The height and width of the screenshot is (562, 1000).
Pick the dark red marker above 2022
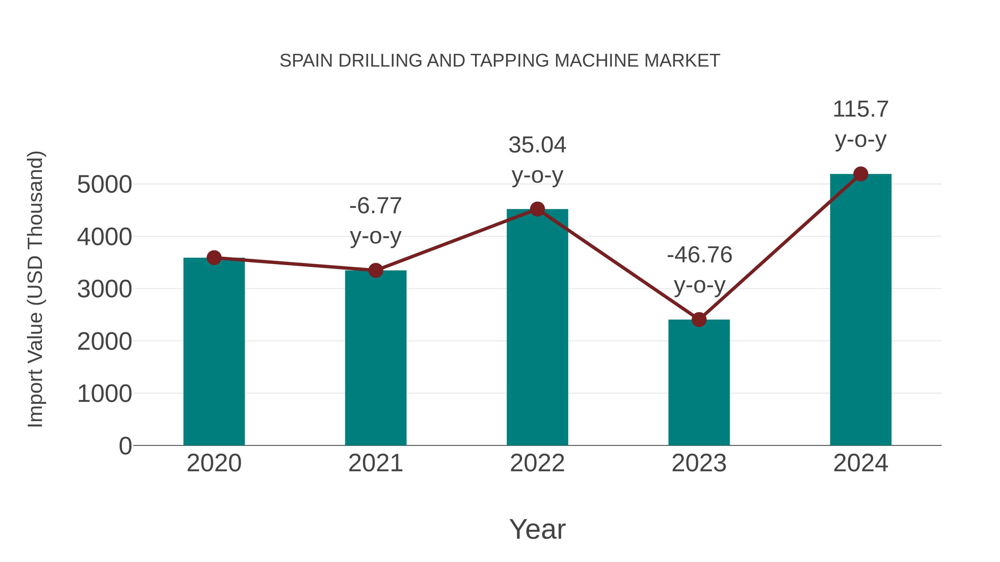pos(537,210)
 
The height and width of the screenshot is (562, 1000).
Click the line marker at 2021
pos(375,270)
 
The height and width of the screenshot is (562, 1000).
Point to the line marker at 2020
pos(214,258)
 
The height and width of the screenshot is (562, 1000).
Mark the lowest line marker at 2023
pos(699,320)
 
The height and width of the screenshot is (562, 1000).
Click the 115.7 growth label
pos(861,109)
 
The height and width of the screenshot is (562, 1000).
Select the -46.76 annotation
pos(699,255)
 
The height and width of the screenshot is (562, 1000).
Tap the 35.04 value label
pos(537,145)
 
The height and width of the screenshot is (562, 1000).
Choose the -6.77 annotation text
pos(375,206)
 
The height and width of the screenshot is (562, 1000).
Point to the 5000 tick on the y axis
pos(104,185)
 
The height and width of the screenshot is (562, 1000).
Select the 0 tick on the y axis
pos(125,446)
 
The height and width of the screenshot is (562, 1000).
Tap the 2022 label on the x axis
pos(537,463)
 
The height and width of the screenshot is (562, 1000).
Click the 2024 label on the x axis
pos(861,463)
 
